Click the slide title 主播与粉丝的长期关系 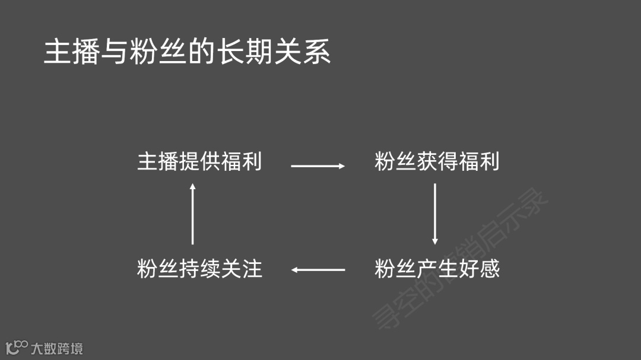187,52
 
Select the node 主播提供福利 199,162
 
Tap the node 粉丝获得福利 437,162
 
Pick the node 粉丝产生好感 437,269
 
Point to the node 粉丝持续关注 199,269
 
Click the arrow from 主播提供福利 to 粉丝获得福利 318,166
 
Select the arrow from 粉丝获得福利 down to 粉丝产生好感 435,214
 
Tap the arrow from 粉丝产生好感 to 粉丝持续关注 318,270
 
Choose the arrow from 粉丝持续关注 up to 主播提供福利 192,214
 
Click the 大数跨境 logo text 57,348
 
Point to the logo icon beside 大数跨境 17,347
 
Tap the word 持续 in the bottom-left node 199,269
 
